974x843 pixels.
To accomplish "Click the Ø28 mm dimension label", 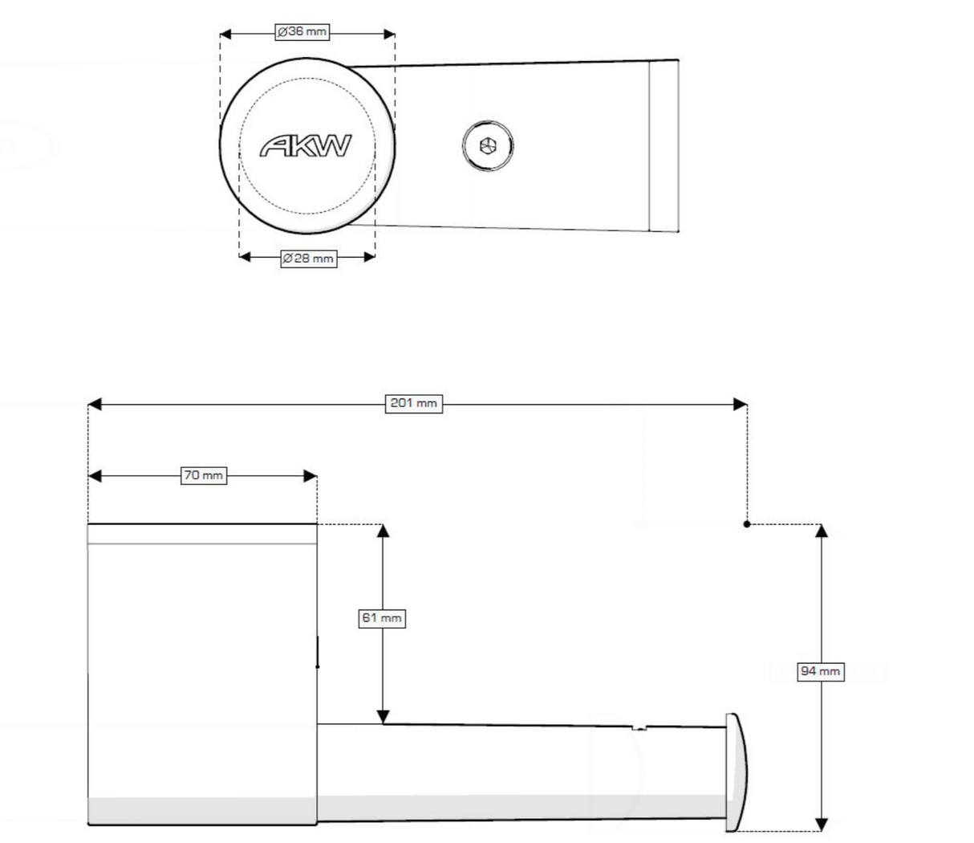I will click(x=308, y=259).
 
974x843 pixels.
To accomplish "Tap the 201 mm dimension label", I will click(x=414, y=404).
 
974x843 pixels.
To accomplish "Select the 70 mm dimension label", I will click(x=204, y=476).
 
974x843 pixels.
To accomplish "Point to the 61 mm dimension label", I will click(x=381, y=618).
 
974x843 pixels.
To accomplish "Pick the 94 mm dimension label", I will click(x=821, y=671).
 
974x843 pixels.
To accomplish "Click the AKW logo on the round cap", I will click(x=306, y=146).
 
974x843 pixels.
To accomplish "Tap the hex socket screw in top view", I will click(x=488, y=146).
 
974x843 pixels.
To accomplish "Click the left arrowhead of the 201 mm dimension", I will click(x=94, y=404).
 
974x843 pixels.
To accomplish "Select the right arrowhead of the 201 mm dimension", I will click(x=741, y=404).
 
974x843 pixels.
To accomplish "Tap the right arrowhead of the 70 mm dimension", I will click(x=310, y=476).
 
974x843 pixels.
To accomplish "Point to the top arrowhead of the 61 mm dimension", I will click(x=383, y=531).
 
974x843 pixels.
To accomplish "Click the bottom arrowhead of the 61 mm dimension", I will click(x=383, y=717).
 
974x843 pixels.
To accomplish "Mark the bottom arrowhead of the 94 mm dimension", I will click(x=821, y=825).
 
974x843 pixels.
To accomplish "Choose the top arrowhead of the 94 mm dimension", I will click(x=821, y=531).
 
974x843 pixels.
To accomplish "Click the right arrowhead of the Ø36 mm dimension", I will click(x=389, y=34).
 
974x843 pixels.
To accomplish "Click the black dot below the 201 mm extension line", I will click(x=747, y=524).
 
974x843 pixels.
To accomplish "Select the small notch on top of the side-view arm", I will click(x=639, y=728).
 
